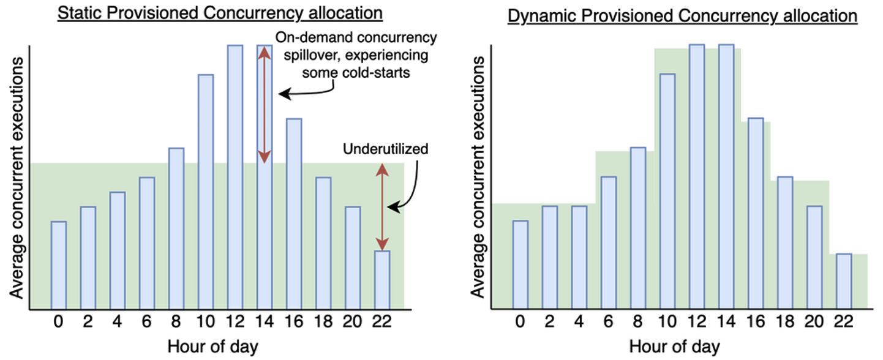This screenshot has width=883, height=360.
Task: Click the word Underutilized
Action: coord(386,149)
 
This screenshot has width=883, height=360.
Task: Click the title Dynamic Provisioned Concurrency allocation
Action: coord(682,16)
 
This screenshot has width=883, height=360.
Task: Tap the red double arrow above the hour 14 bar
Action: coord(264,105)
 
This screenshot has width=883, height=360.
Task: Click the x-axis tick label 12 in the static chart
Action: coord(235,323)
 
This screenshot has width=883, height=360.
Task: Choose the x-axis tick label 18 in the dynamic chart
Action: coord(785,323)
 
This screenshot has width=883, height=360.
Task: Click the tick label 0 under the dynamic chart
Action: coord(520,323)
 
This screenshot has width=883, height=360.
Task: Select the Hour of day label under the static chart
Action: coord(212,347)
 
